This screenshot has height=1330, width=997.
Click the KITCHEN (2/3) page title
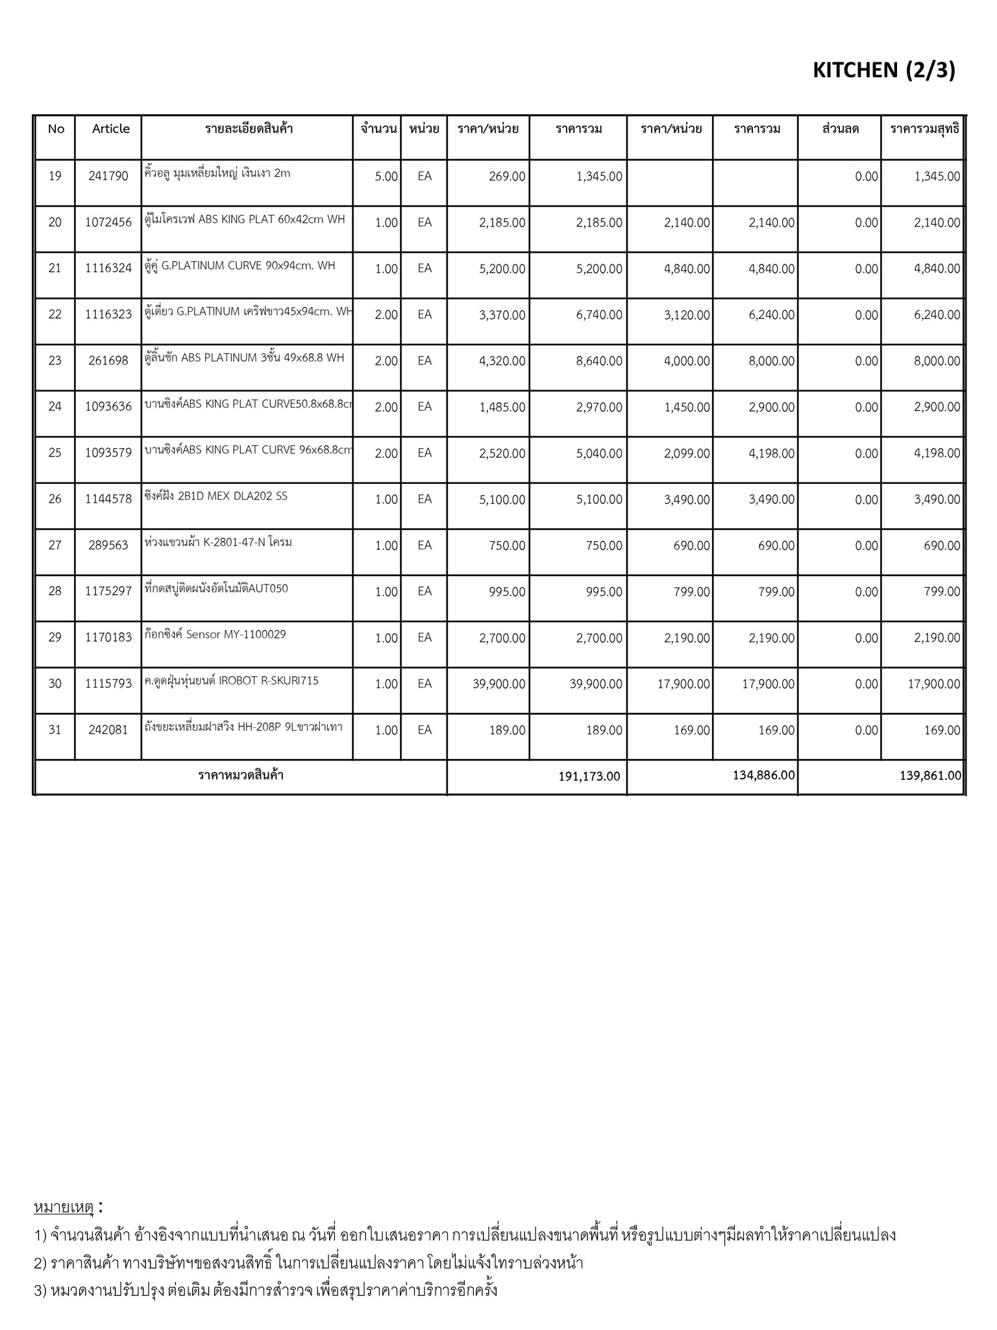(883, 70)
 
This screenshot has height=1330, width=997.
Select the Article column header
(110, 129)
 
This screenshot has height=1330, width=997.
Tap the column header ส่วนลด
(840, 129)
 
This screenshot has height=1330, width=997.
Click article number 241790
(108, 175)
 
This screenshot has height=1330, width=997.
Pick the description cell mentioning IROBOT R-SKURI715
(232, 681)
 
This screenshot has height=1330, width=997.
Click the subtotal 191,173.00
(589, 776)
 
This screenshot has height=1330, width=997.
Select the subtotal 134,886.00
(763, 775)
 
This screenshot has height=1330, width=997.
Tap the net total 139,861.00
(930, 775)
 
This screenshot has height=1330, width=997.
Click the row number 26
(55, 499)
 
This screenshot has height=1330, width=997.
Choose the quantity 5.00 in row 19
(386, 177)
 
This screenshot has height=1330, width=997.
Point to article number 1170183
(108, 638)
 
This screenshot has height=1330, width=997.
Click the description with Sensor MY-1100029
(215, 634)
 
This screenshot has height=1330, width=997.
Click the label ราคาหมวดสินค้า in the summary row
(241, 775)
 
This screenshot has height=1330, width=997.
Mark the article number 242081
(108, 730)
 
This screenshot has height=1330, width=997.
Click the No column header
(56, 129)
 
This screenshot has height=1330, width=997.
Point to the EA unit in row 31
(425, 730)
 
